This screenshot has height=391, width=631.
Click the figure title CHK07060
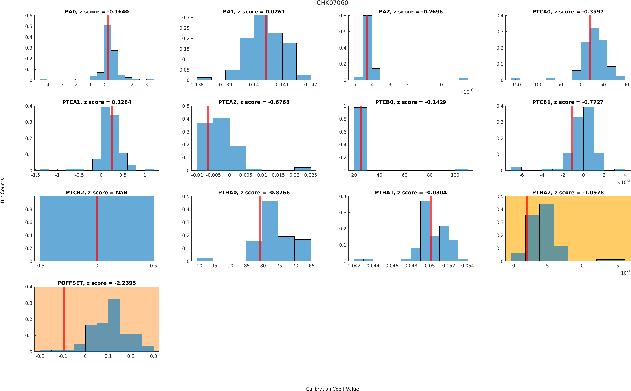click(332, 3)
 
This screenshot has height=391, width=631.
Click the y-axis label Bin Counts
click(3, 190)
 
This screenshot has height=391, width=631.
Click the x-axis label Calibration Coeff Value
click(332, 388)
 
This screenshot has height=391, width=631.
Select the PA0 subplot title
click(96, 12)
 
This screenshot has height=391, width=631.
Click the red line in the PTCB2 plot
click(96, 229)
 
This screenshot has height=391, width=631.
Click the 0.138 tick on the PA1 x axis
click(197, 84)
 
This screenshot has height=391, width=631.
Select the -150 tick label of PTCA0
click(515, 84)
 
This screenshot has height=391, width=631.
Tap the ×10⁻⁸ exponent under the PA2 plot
click(467, 92)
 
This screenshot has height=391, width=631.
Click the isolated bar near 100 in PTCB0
click(461, 170)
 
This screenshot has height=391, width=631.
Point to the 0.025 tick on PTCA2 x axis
click(310, 175)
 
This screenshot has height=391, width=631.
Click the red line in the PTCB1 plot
click(572, 138)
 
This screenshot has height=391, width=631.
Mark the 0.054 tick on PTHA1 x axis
click(467, 266)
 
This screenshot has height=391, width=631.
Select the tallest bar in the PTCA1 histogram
click(105, 139)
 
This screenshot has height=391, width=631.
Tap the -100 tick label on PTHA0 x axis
click(197, 266)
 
